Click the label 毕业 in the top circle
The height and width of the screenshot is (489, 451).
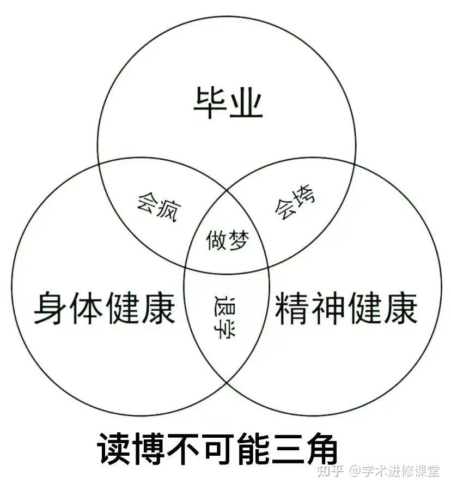click(x=228, y=104)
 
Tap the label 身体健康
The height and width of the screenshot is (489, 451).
click(x=105, y=307)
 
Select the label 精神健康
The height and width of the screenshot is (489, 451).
click(x=346, y=307)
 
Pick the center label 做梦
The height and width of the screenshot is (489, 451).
click(x=227, y=239)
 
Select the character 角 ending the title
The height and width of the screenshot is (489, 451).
click(x=321, y=449)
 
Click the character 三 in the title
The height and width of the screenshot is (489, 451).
click(x=287, y=449)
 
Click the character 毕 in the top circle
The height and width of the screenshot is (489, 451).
click(x=211, y=104)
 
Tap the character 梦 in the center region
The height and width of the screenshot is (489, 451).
click(x=237, y=239)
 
